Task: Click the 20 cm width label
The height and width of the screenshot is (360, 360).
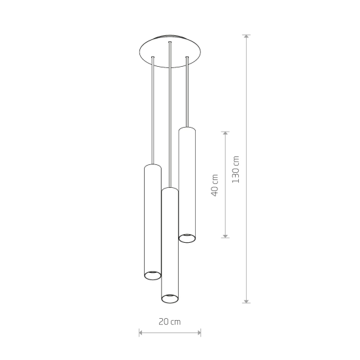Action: tap(170, 321)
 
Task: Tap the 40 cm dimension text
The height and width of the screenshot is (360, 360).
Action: tap(215, 185)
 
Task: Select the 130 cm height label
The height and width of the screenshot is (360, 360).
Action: tap(236, 170)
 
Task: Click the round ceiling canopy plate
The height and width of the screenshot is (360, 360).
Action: tap(170, 51)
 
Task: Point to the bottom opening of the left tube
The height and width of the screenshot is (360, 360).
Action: tap(153, 275)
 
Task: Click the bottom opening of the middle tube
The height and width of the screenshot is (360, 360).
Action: tap(170, 298)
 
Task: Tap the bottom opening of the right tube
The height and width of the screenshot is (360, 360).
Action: tap(187, 238)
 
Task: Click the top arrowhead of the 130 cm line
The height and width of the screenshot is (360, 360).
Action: tap(246, 37)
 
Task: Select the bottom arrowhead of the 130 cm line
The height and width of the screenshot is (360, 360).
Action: tap(246, 301)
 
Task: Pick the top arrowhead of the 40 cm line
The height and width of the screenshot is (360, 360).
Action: tap(225, 134)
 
